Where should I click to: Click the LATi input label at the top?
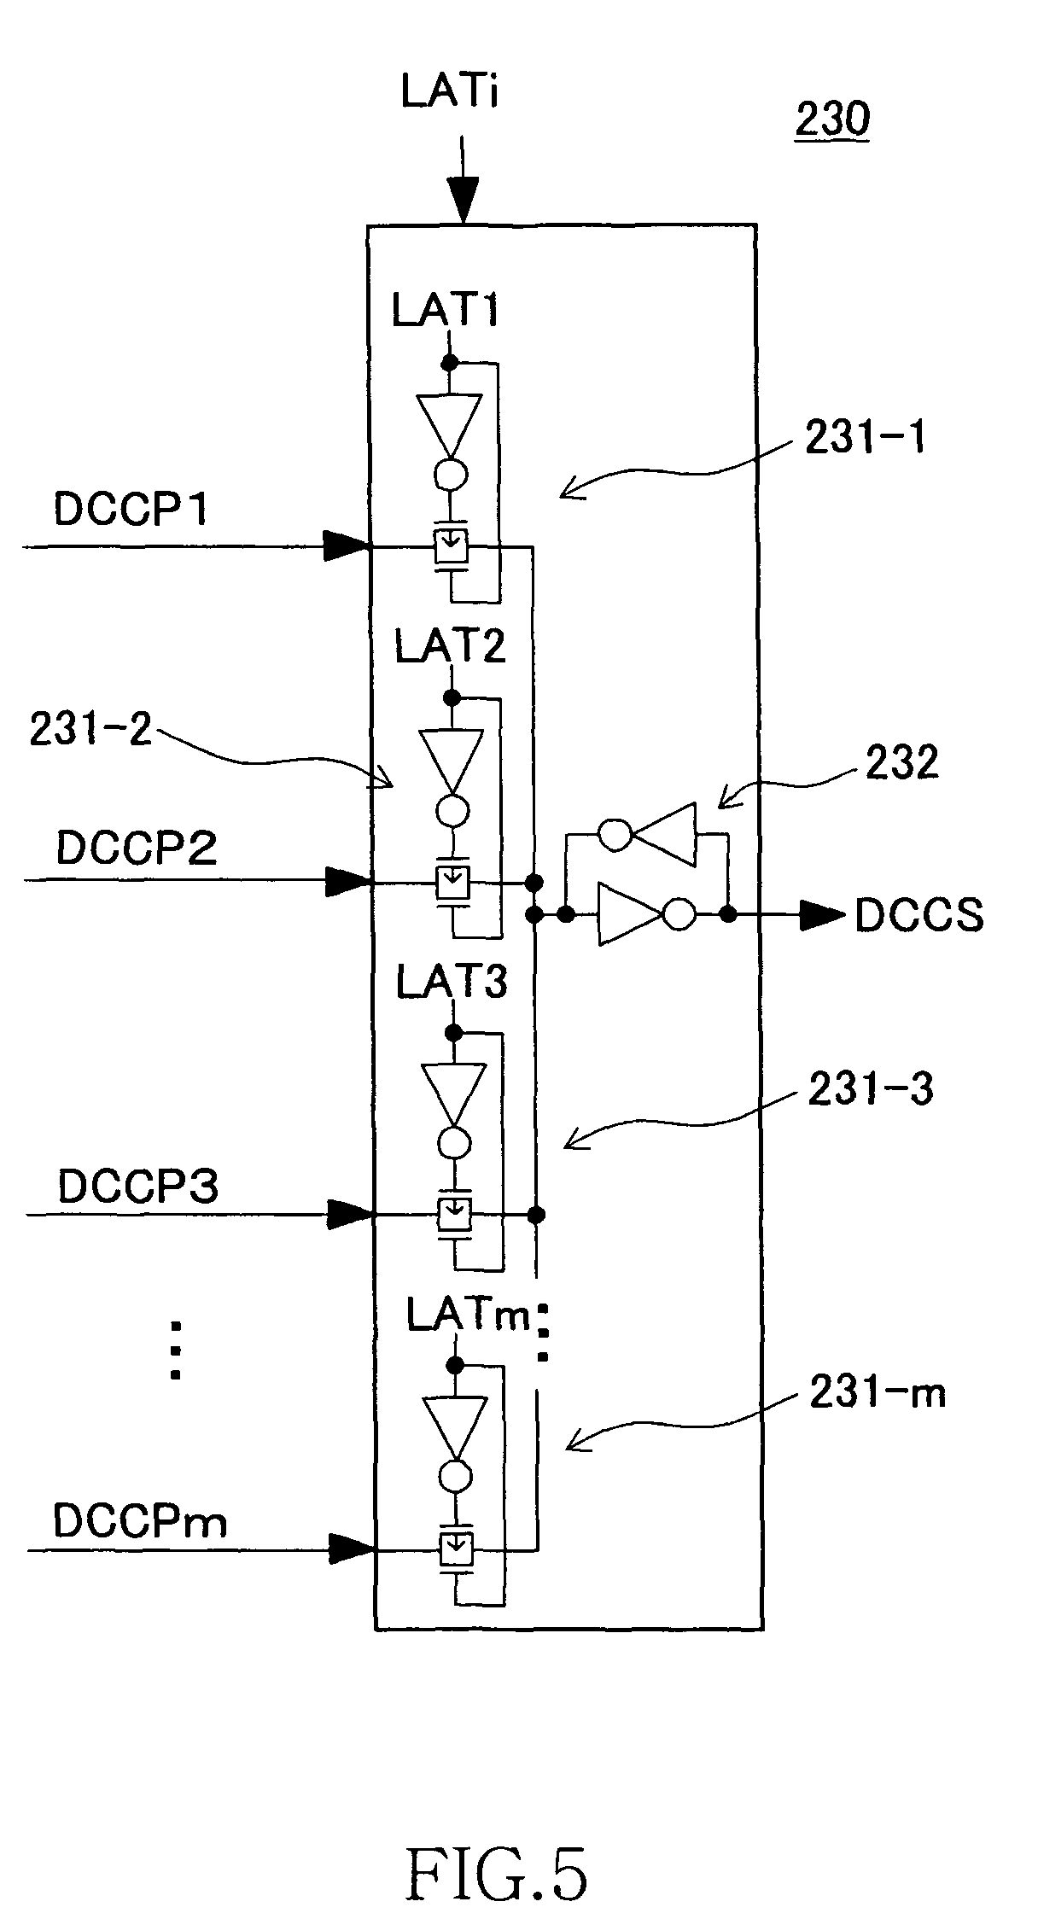pyautogui.click(x=449, y=91)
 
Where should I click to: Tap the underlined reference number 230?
pyautogui.click(x=831, y=119)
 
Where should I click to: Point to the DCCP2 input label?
pyautogui.click(x=137, y=849)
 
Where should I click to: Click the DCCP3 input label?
pyautogui.click(x=138, y=1186)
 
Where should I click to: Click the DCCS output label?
pyautogui.click(x=919, y=916)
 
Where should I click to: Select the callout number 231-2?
pyautogui.click(x=90, y=730)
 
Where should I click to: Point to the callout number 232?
pyautogui.click(x=901, y=762)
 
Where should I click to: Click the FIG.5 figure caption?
pyautogui.click(x=497, y=1849)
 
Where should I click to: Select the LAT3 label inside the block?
pyautogui.click(x=452, y=983)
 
